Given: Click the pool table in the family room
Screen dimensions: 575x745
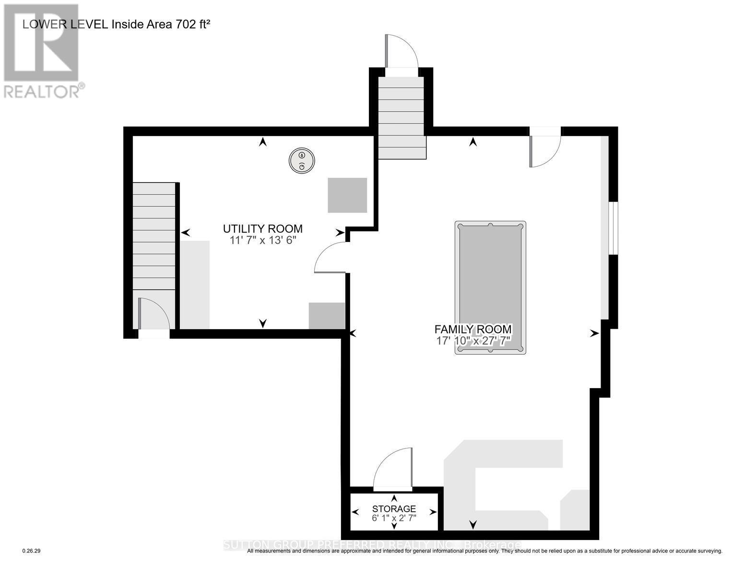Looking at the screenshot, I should coord(490,287).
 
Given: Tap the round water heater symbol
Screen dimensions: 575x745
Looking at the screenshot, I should coord(301,161).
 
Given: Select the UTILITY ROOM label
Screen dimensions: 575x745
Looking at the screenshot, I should coord(262,229).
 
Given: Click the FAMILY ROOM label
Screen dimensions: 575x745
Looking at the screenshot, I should coord(473,329).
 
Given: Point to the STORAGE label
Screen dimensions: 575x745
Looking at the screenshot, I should coord(394,508).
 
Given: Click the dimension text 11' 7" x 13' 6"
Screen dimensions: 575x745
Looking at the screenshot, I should coord(262,240).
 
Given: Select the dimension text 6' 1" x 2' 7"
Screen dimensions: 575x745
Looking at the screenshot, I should coord(394,518).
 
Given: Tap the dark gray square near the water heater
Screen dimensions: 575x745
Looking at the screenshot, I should coord(347,195).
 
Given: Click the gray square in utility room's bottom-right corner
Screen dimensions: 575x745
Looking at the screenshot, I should coord(327,316).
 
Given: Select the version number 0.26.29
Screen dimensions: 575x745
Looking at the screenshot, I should coord(32,551).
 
